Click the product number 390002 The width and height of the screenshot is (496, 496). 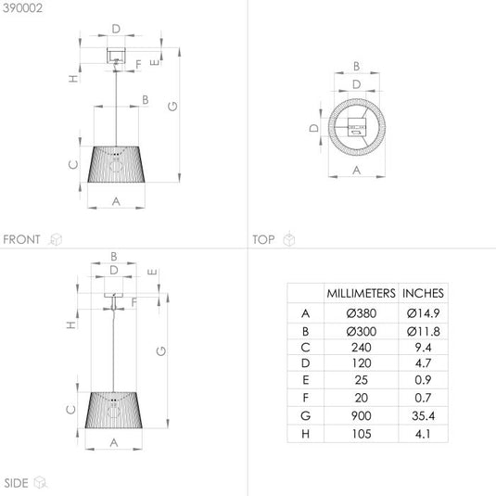tap(22, 8)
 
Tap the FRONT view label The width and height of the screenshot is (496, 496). tap(22, 239)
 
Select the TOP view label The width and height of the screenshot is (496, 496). tap(263, 239)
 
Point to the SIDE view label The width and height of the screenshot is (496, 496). tap(16, 483)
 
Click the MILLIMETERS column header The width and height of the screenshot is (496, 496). tap(361, 293)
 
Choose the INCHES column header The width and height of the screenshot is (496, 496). tap(423, 293)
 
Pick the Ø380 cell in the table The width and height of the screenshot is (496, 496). tap(362, 313)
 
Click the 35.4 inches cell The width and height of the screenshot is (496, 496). tap(424, 415)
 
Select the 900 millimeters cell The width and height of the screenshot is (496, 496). tap(362, 415)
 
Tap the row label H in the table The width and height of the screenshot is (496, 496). tap(306, 434)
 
